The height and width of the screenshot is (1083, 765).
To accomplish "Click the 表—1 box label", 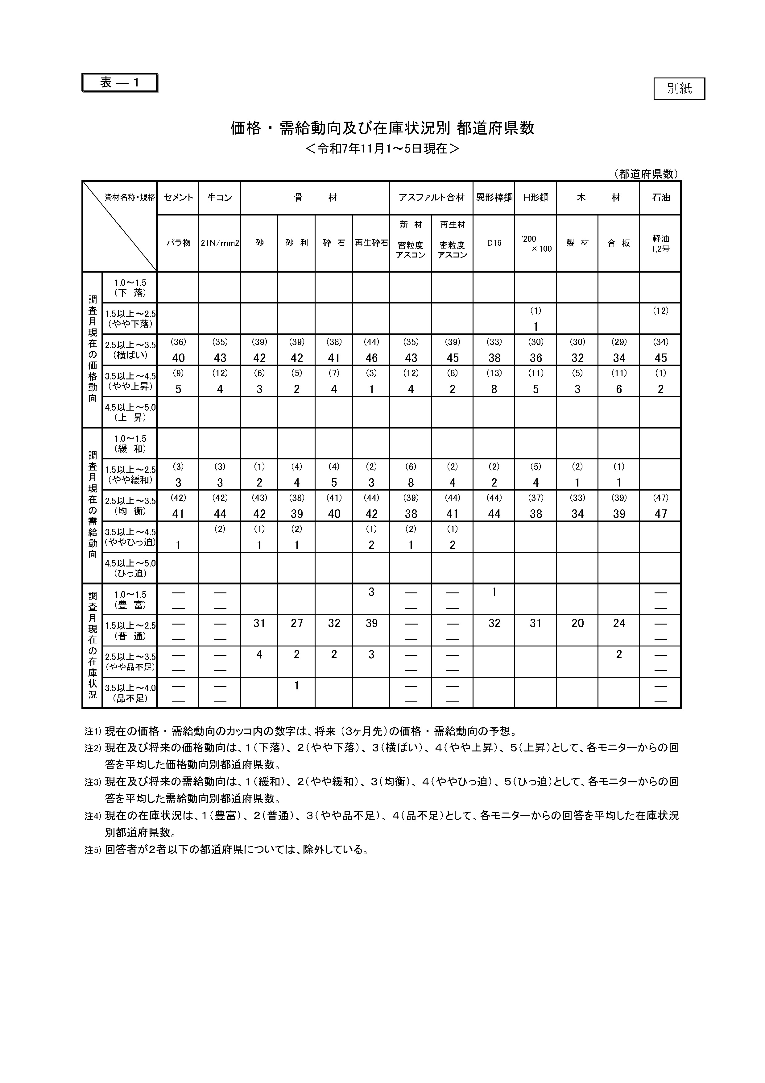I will coord(119,82).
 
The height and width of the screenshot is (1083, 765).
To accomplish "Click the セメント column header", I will coord(178,198).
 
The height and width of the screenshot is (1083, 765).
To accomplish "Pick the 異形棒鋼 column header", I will coord(494,198).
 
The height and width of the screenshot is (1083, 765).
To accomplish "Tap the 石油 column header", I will coord(660,198).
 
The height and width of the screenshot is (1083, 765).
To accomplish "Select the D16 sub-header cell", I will coord(494,243).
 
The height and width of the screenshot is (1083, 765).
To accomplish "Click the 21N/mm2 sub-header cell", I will coord(220,243).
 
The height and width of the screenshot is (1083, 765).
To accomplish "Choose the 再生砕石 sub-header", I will coord(371,243).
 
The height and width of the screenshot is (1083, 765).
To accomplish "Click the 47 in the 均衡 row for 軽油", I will coord(660,514).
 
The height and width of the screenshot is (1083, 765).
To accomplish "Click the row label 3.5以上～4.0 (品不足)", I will coord(130,693).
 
